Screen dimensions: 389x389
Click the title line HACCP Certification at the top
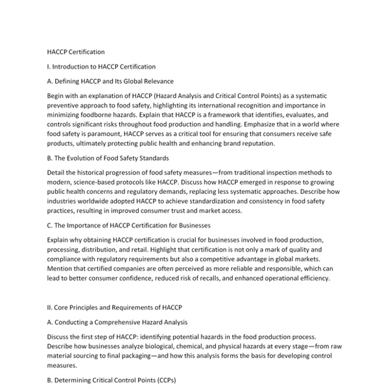(x=76, y=51)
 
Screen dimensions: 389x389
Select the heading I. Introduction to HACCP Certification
(x=101, y=66)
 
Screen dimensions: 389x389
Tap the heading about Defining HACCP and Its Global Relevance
(x=110, y=81)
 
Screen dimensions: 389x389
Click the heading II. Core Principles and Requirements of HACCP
(x=115, y=307)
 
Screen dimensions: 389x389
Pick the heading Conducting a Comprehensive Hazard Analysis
(x=117, y=322)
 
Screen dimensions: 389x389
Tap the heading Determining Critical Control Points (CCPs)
(x=112, y=380)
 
